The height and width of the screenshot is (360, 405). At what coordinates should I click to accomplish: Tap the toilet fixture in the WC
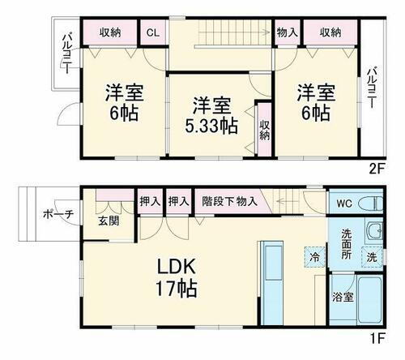[371, 204]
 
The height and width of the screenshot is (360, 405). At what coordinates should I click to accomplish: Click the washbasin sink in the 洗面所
[373, 234]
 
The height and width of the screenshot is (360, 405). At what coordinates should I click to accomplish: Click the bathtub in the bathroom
[372, 300]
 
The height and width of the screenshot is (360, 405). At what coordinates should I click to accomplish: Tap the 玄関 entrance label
[109, 221]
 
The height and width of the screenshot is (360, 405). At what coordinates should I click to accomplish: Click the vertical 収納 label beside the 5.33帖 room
[264, 129]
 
